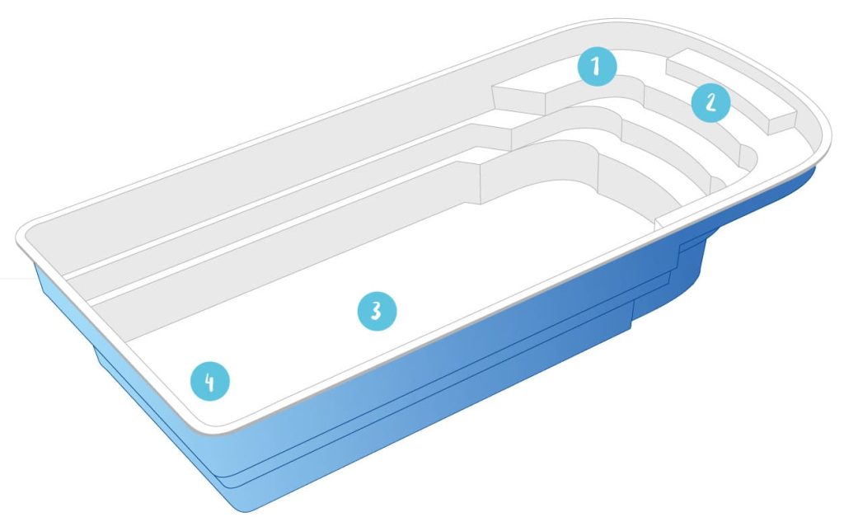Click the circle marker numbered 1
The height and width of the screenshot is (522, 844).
pos(597,67)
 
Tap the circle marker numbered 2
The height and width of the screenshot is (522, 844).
pos(710,102)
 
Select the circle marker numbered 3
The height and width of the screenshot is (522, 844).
pos(377,311)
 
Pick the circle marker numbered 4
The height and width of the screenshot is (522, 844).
pos(210,382)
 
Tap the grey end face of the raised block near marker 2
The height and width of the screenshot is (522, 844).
pos(781,124)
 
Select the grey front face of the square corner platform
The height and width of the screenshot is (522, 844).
pos(519,103)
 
